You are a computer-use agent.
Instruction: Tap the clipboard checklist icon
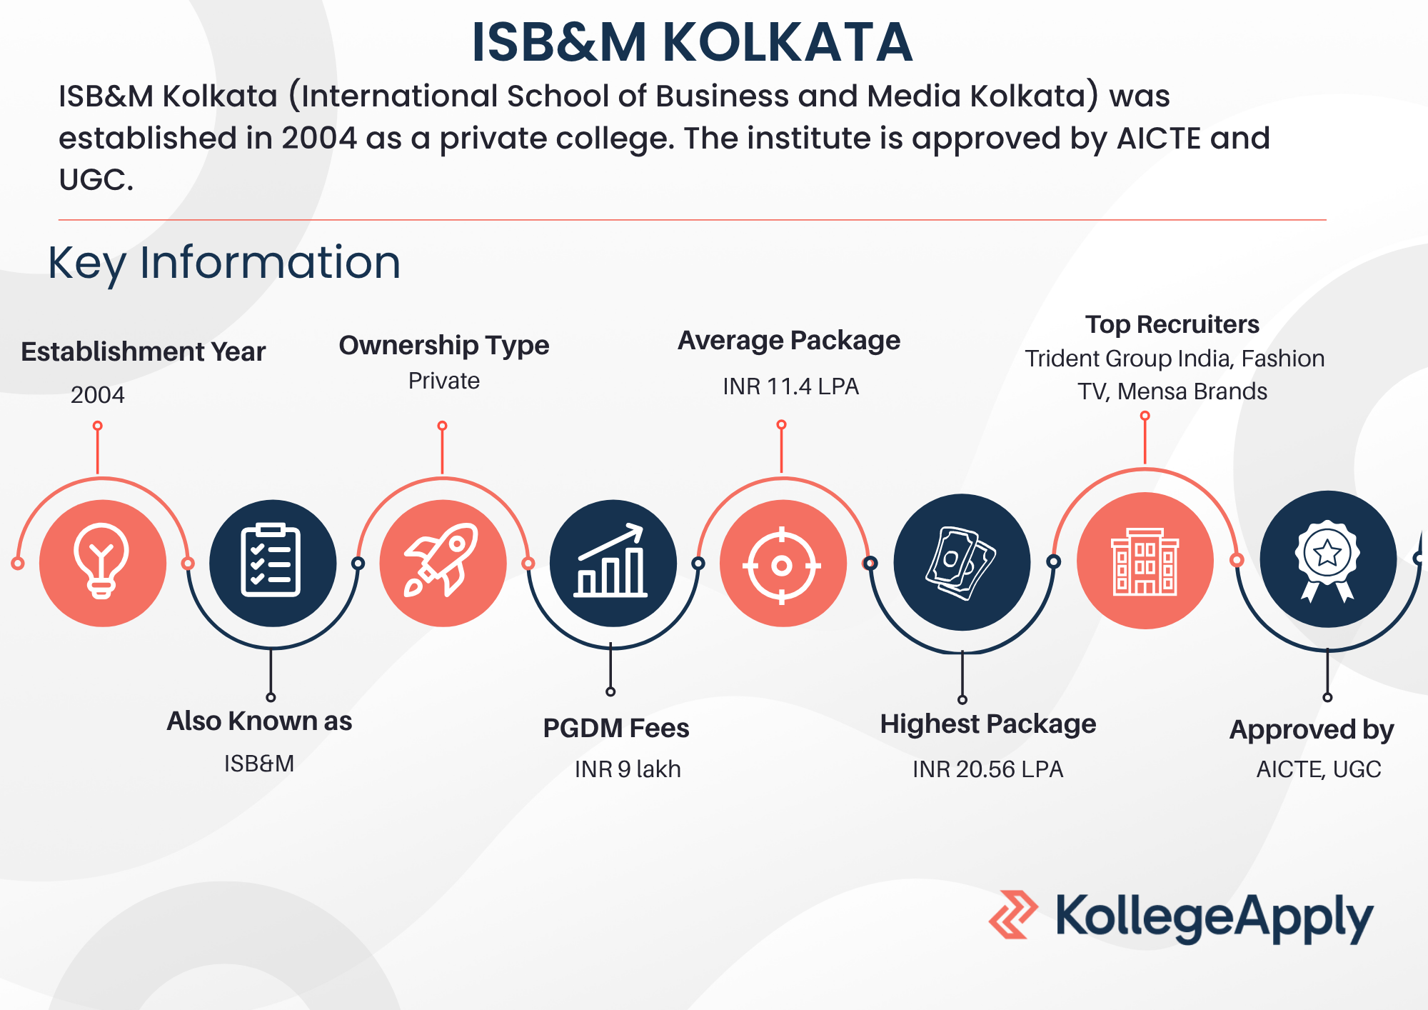271,560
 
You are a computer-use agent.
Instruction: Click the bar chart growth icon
611,561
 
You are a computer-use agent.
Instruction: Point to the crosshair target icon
782,566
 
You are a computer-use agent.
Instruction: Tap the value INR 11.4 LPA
790,386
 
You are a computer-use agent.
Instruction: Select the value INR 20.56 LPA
988,769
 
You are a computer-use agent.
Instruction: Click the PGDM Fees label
616,728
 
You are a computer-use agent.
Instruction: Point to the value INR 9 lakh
628,769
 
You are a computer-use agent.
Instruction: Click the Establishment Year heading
143,351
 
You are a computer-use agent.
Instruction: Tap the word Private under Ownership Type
444,381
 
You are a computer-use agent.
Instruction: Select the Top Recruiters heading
1172,324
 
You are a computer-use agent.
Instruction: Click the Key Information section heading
224,263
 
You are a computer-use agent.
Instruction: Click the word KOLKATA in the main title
788,42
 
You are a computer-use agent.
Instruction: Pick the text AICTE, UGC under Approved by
1319,769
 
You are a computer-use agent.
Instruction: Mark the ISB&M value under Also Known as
259,764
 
